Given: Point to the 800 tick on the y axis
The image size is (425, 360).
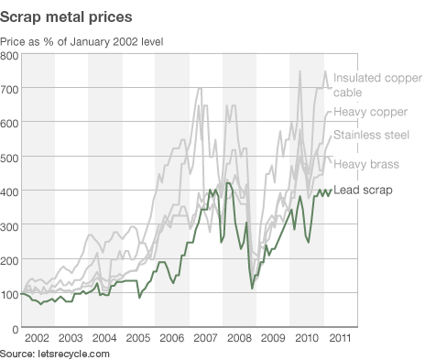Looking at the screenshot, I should click(x=10, y=56).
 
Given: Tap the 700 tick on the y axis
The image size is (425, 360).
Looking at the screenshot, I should click(x=10, y=90).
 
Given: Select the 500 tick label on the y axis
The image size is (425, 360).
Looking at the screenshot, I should click(x=10, y=158).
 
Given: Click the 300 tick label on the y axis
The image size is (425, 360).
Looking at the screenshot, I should click(x=10, y=225).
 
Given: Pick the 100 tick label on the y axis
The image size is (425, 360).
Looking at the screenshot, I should click(x=10, y=293).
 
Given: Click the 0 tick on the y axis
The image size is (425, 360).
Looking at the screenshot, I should click(x=16, y=327).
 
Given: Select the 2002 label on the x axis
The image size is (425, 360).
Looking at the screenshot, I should click(x=38, y=339).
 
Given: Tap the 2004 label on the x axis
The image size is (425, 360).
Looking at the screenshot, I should click(x=104, y=339).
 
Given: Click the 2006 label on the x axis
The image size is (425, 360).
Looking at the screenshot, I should click(x=172, y=339).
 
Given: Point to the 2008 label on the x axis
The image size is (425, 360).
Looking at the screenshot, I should click(x=239, y=339).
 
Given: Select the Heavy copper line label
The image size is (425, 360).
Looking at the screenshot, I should click(x=369, y=113).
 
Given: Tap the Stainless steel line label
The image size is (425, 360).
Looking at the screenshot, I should click(x=370, y=136).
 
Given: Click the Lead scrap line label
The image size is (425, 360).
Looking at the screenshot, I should click(x=364, y=191).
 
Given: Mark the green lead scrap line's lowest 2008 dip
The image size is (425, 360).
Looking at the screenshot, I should click(x=253, y=289).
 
